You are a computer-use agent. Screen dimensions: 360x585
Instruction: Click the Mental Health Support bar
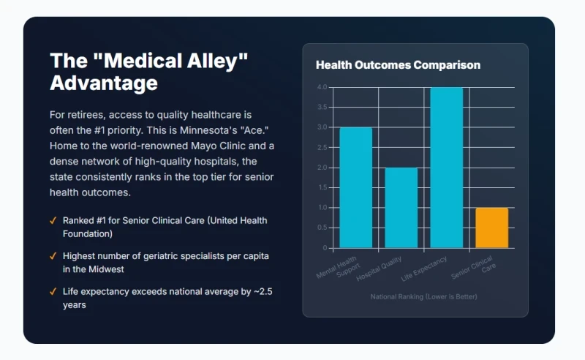[x=355, y=187]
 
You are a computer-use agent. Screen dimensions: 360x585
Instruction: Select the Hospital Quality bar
[x=401, y=208]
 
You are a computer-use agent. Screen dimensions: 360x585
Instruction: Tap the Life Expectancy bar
[x=446, y=167]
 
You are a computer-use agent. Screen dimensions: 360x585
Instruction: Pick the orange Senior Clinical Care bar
[x=491, y=228]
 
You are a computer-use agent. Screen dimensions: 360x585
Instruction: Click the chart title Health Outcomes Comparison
[x=398, y=65]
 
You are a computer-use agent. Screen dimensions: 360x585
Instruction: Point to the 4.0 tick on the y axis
[x=323, y=87]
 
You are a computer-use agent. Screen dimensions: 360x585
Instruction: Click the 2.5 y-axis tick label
[x=323, y=147]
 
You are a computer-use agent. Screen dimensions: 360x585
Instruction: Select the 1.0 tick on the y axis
[x=323, y=208]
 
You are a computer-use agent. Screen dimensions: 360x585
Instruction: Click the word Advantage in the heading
[x=103, y=83]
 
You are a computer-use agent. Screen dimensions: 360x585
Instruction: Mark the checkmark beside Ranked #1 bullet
[x=53, y=220]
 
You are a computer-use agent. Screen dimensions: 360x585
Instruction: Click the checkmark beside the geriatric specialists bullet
[x=53, y=256]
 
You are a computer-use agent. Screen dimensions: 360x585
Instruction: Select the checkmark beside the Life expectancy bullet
[x=53, y=291]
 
